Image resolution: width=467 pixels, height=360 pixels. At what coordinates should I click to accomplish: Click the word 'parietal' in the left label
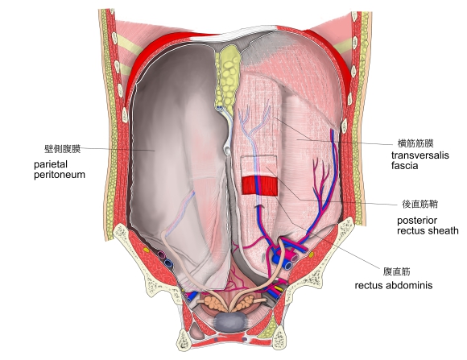[x=51, y=164]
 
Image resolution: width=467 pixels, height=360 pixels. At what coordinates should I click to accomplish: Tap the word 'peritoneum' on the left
[x=60, y=175]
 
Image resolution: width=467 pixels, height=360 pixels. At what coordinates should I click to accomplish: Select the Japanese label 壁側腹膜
[x=62, y=149]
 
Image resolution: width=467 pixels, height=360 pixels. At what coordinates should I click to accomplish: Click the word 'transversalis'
[x=420, y=155]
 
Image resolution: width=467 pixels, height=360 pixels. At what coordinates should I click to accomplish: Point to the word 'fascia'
[x=404, y=165]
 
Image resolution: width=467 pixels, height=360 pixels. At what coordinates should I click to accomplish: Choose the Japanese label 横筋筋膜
[x=415, y=143]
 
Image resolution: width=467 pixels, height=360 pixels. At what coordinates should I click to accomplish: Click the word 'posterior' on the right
[x=417, y=221]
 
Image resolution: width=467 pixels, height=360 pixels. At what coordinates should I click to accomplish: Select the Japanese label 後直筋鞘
[x=420, y=204]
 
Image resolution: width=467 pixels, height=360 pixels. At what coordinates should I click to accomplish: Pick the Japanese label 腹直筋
[x=396, y=271]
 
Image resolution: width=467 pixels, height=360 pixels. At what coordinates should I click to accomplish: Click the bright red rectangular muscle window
[x=259, y=186]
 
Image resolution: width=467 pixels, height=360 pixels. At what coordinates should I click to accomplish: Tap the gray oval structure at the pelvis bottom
[x=231, y=321]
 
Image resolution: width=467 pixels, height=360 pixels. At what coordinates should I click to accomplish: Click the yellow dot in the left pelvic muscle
[x=146, y=250]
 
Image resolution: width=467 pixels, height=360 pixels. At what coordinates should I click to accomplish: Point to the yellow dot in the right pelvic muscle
[x=311, y=254]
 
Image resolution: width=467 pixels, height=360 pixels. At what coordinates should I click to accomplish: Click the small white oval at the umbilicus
[x=227, y=149]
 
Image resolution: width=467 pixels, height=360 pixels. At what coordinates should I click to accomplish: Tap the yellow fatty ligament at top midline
[x=228, y=77]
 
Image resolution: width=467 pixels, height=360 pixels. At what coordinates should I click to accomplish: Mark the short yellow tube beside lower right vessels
[x=278, y=288]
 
